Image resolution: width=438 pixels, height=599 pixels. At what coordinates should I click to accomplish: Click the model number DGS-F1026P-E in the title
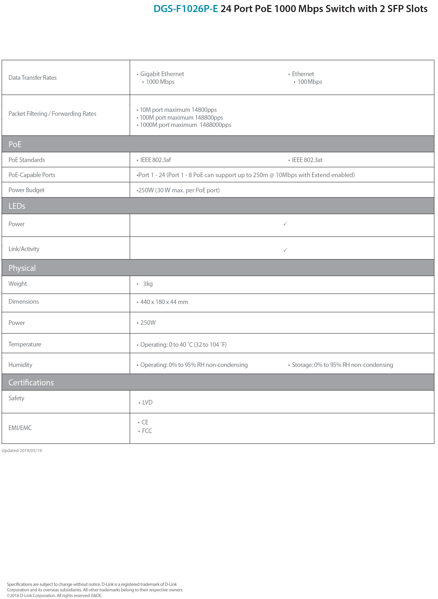[x=186, y=9]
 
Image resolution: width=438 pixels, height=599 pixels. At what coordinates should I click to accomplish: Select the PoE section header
[x=15, y=144]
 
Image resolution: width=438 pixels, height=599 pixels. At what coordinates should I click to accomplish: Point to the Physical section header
[x=22, y=268]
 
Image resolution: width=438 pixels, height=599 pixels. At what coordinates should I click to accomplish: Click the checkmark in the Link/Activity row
[x=285, y=250]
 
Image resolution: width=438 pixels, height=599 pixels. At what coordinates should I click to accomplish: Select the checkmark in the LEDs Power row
[x=285, y=224]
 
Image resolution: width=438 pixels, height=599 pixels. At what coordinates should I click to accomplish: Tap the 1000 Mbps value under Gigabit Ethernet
[x=160, y=82]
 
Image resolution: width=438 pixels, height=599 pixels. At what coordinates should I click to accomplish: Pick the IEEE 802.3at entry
[x=307, y=160]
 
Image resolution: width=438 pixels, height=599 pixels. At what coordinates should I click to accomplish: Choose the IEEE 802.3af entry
[x=155, y=160]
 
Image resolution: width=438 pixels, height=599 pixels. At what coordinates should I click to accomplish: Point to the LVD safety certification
[x=147, y=402]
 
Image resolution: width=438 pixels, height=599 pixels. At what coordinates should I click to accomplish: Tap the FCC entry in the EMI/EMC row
[x=147, y=431]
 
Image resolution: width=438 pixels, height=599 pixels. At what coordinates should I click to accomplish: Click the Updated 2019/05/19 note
[x=22, y=450]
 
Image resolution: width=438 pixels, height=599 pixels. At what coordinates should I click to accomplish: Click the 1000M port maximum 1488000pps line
[x=185, y=125]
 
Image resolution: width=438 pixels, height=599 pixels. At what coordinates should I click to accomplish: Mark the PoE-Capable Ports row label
[x=32, y=175]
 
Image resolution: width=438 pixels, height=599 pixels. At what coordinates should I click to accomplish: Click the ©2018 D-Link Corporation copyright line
[x=54, y=595]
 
